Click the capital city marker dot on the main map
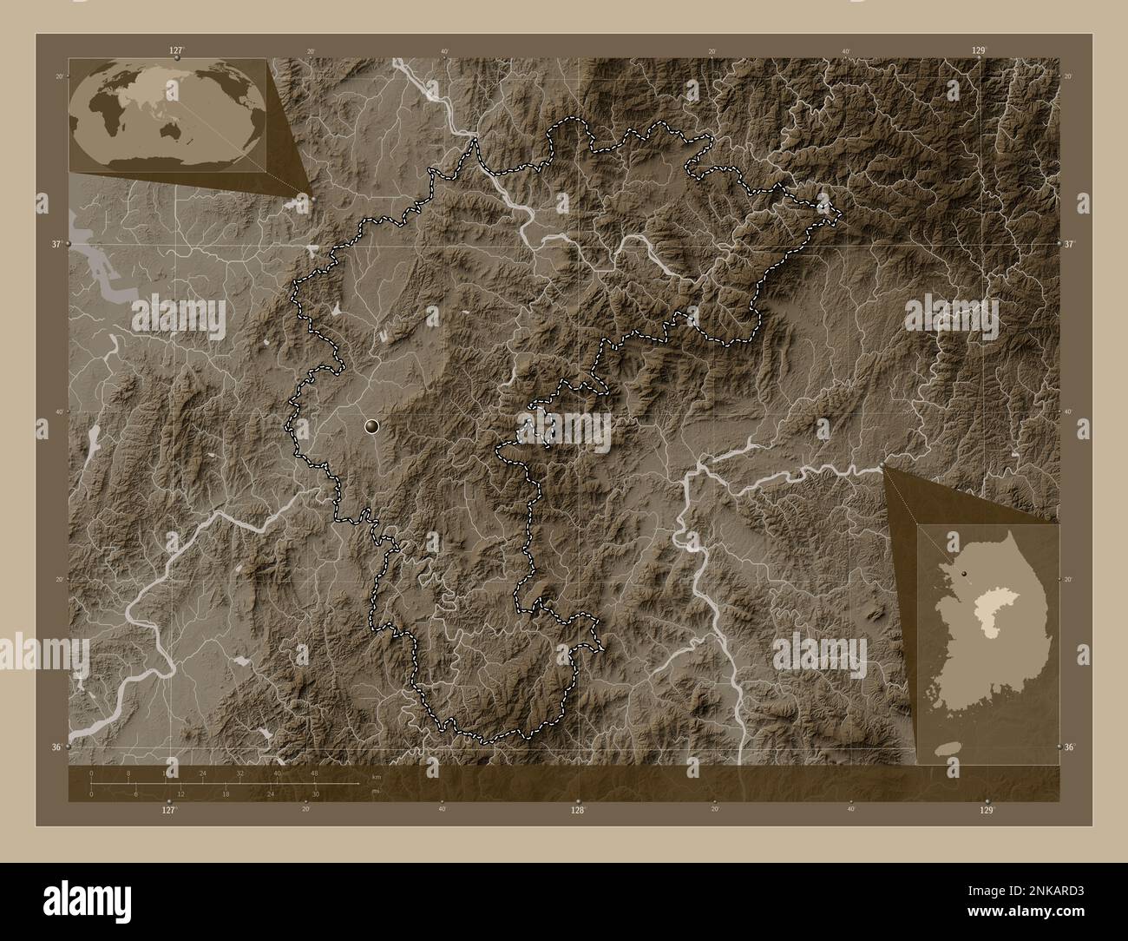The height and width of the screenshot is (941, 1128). pyautogui.click(x=372, y=425)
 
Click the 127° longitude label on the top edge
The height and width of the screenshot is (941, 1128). pyautogui.click(x=176, y=50)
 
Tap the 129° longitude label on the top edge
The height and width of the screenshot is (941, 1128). pyautogui.click(x=978, y=50)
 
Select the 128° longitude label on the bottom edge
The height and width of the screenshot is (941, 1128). pyautogui.click(x=577, y=810)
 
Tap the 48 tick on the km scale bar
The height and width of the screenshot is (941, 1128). pyautogui.click(x=314, y=773)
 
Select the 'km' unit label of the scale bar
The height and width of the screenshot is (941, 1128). pyautogui.click(x=376, y=776)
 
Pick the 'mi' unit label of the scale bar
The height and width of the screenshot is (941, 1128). pyautogui.click(x=375, y=790)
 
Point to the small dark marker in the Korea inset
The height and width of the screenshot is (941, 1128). pyautogui.click(x=964, y=573)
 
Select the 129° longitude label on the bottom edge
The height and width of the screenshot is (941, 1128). pyautogui.click(x=986, y=810)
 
